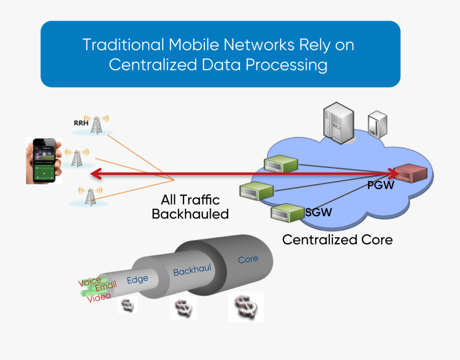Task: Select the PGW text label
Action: pos(381,185)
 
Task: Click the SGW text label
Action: pos(318,212)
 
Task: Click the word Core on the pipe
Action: pos(248,259)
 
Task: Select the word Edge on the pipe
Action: pos(137,279)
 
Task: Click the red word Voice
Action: pos(89,281)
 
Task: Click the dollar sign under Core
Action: pos(245,307)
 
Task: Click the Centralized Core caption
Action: pos(337,239)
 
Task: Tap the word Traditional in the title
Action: pos(123,45)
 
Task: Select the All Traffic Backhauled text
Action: pos(190,207)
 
